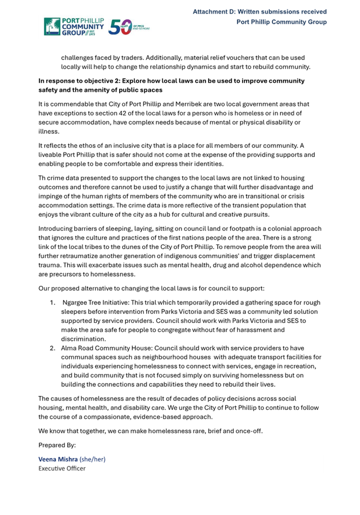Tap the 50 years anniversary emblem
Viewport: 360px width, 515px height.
pos(128,27)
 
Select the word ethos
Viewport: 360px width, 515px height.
pos(93,145)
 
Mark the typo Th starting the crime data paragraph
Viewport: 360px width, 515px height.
pos(42,178)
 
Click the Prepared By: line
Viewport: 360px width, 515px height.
pos(57,445)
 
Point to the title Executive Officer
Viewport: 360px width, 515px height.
pos(62,468)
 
